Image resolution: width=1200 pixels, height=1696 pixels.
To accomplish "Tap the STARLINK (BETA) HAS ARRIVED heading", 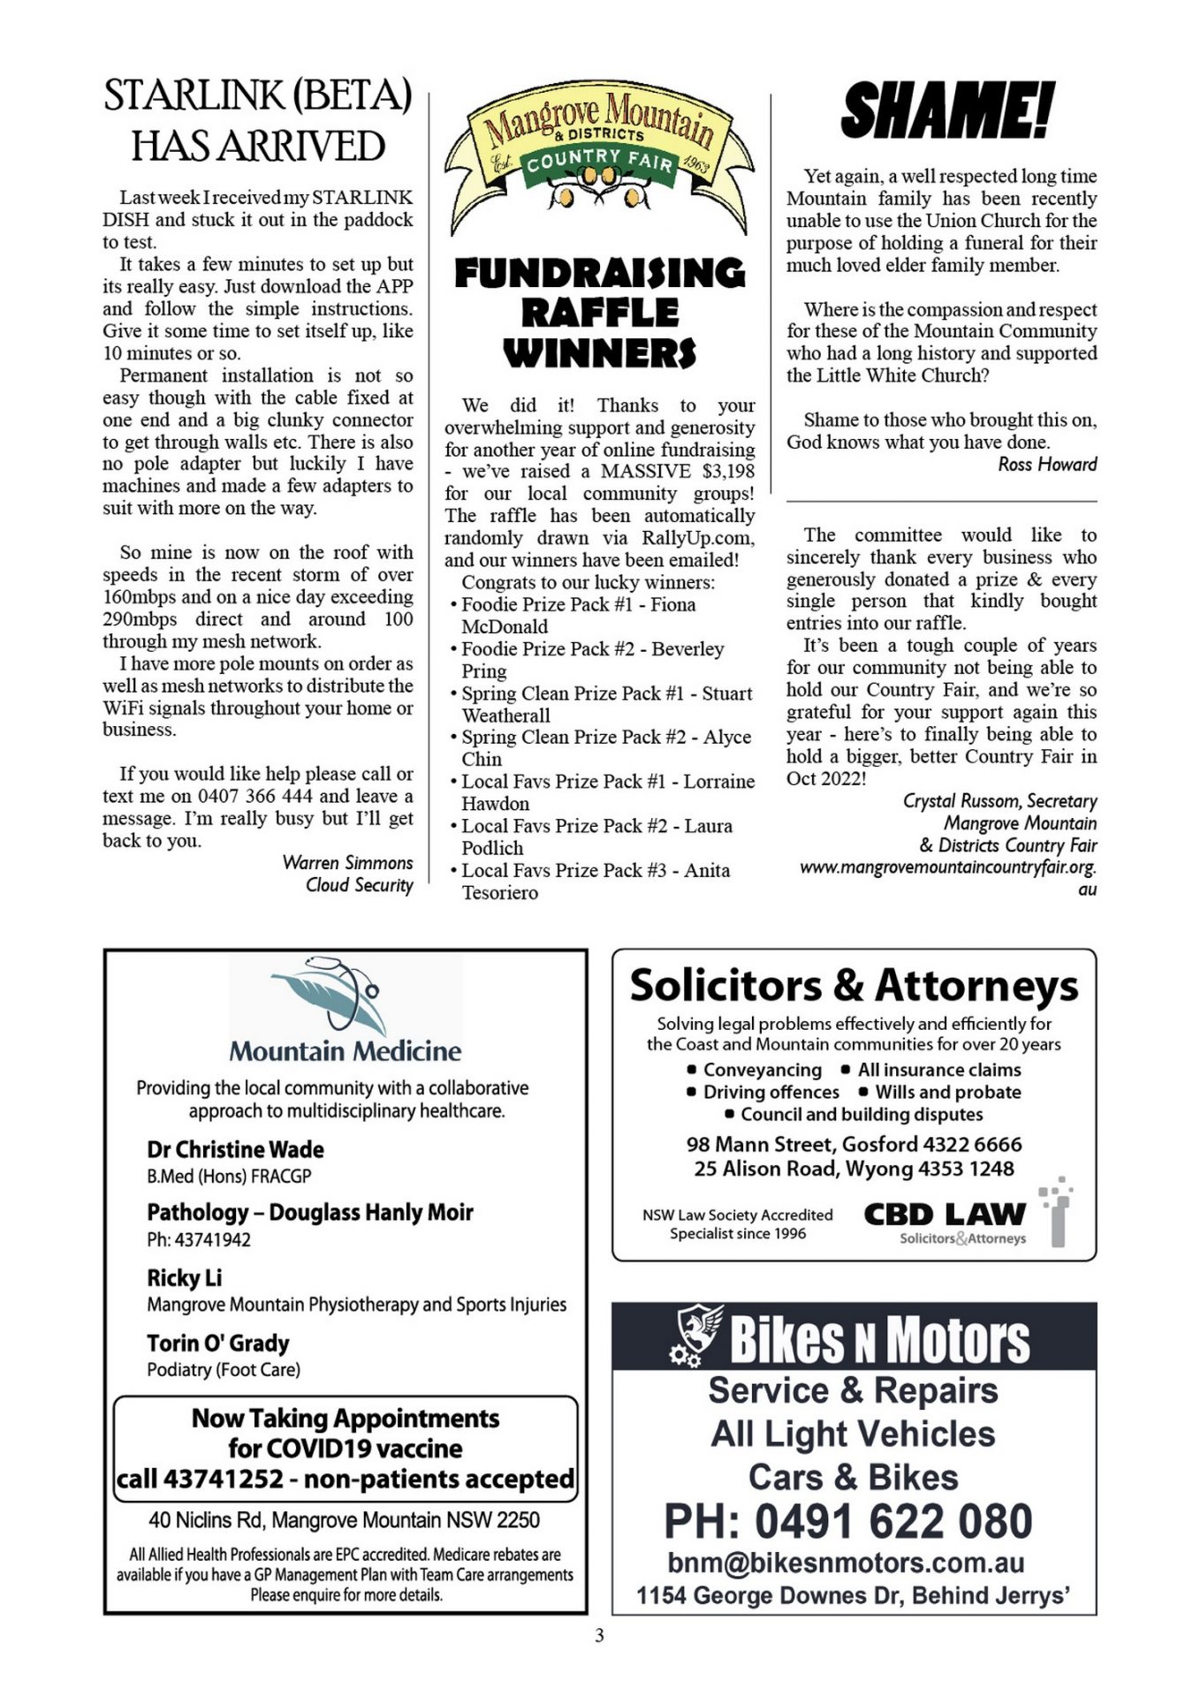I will (257, 121).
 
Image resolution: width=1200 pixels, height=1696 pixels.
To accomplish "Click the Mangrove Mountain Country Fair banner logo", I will (600, 160).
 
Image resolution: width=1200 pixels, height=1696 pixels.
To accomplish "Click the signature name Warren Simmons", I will (347, 863).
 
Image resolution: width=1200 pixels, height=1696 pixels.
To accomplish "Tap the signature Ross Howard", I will (1047, 465).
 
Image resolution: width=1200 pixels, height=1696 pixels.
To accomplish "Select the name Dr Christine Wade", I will (235, 1149).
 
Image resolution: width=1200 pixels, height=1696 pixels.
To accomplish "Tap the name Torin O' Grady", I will (218, 1343).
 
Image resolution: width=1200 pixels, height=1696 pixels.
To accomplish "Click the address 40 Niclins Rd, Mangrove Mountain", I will (344, 1519).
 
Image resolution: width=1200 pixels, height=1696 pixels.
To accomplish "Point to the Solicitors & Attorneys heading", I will (854, 985).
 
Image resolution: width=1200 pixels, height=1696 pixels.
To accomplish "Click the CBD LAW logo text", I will (945, 1214).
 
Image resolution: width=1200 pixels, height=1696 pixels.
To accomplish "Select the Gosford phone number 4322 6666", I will (972, 1144).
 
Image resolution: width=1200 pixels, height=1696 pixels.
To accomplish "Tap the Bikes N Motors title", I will (879, 1339).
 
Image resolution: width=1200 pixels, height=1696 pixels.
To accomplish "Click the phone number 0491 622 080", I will (892, 1521).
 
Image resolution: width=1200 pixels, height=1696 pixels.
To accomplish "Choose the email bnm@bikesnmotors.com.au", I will (846, 1562).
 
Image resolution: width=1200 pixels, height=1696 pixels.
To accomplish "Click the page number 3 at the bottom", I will (599, 1636).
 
